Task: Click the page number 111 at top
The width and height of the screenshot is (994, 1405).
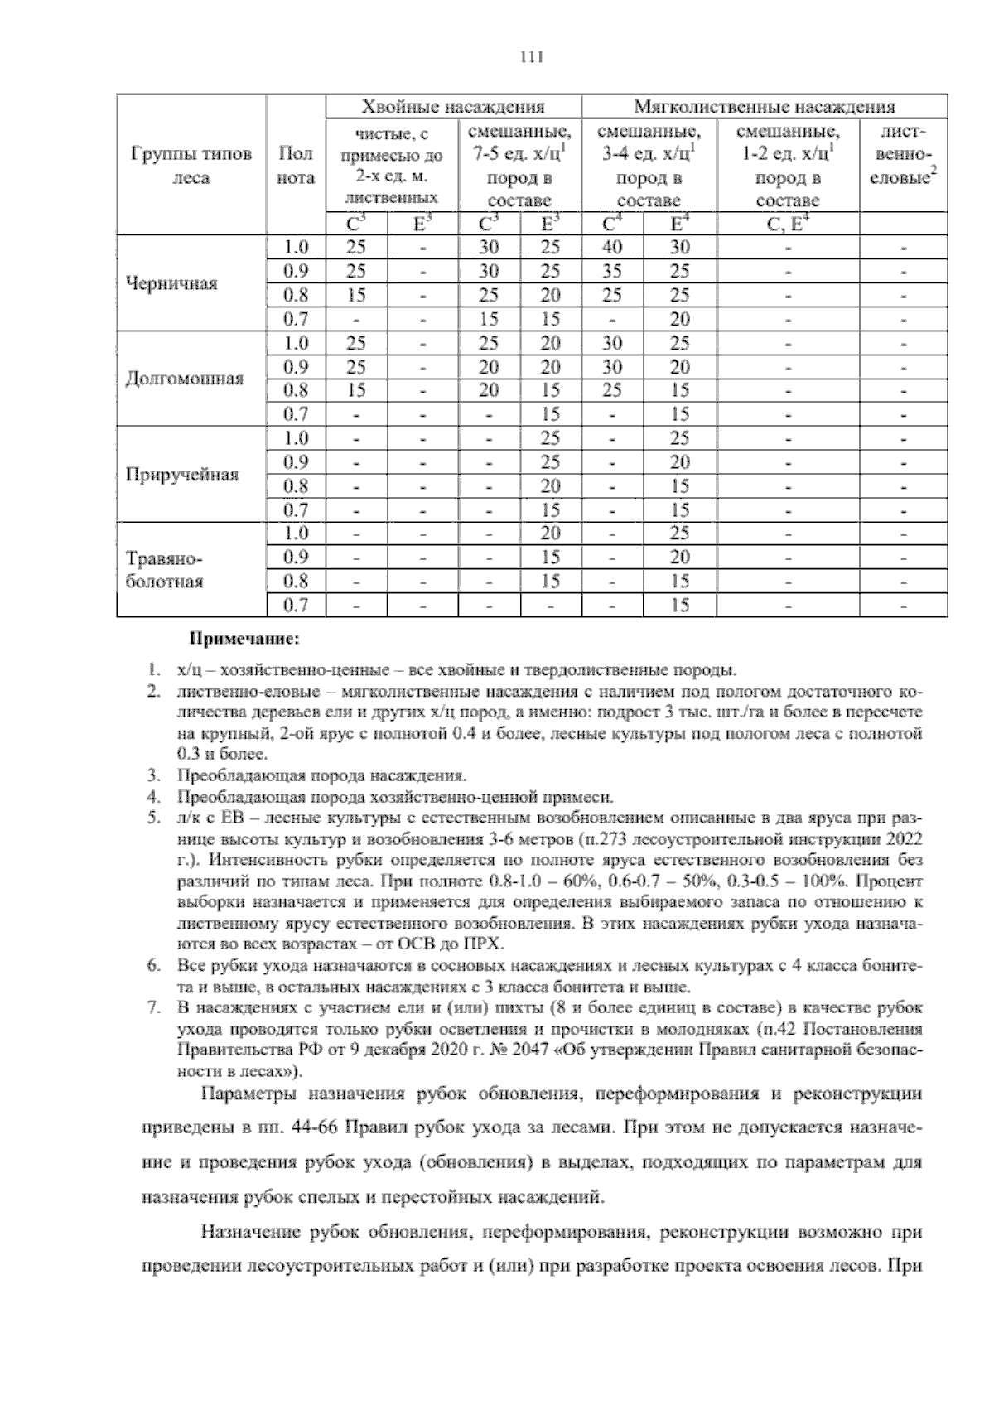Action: (x=530, y=56)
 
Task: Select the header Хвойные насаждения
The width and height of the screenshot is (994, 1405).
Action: (x=453, y=107)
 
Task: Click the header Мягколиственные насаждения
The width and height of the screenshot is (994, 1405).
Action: (x=764, y=107)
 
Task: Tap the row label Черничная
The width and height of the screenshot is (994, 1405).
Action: (x=171, y=283)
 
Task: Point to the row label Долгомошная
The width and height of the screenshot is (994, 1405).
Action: (x=184, y=379)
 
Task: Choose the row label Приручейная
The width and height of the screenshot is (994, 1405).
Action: (x=182, y=475)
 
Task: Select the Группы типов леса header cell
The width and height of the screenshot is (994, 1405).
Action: (x=191, y=166)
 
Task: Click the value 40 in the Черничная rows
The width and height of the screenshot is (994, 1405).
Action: (x=612, y=247)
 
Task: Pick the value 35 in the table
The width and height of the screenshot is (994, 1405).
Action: (x=612, y=271)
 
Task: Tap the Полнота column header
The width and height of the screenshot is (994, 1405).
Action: (x=296, y=166)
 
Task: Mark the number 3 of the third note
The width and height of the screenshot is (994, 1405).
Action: (x=152, y=776)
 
